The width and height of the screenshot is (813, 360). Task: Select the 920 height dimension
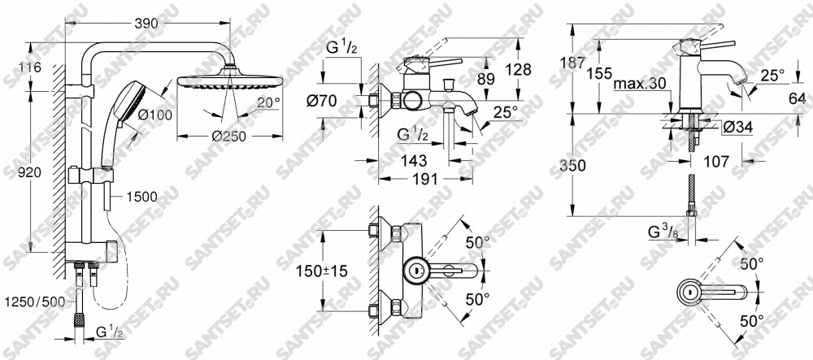(x=29, y=173)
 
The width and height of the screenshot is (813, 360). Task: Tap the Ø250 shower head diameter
(x=228, y=137)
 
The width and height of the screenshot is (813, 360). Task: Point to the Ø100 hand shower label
(x=155, y=115)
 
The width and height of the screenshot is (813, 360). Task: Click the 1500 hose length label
(x=141, y=197)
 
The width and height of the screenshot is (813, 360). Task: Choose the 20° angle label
(x=268, y=103)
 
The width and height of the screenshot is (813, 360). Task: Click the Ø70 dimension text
(x=321, y=101)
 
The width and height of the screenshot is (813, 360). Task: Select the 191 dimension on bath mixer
(x=424, y=179)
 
